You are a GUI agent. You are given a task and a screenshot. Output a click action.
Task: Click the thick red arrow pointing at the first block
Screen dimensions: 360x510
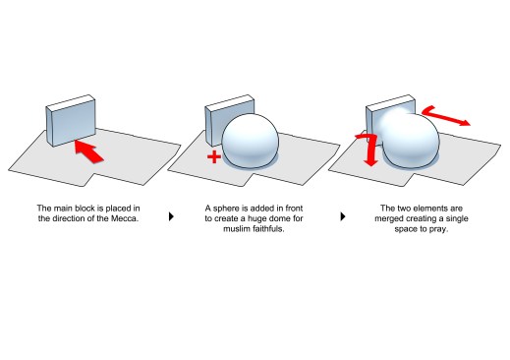pyautogui.click(x=89, y=150)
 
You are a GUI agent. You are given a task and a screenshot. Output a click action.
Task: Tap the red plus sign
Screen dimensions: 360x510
pyautogui.click(x=211, y=157)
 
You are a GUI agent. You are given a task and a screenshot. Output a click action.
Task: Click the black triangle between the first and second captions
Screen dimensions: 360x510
pyautogui.click(x=171, y=214)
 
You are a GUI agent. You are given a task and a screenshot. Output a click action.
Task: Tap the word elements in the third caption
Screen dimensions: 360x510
pyautogui.click(x=434, y=208)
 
